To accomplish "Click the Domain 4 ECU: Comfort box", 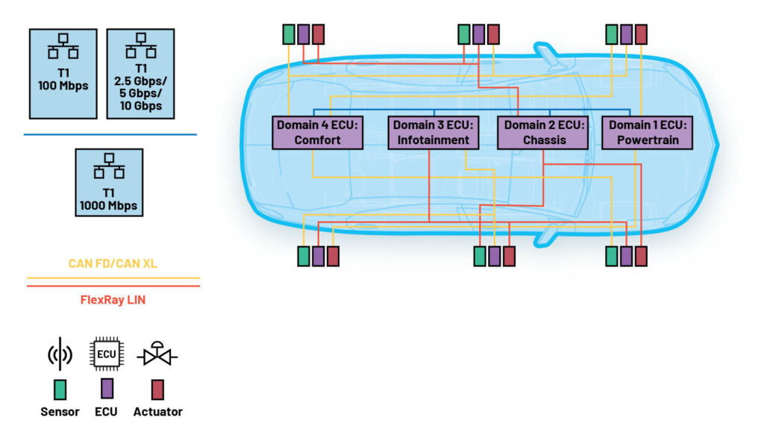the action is [x=317, y=133].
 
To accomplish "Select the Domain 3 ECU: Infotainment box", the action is [x=433, y=133].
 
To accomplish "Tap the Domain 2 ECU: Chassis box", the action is [x=543, y=133].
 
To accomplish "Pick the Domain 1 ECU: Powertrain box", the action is [x=647, y=133].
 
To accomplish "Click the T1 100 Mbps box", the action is [x=63, y=74].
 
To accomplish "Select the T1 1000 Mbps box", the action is [x=109, y=183].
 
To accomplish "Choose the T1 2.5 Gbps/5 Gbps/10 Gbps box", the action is [x=141, y=74].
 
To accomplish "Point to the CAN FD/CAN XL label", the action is [x=113, y=263].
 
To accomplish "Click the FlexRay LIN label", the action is [x=113, y=299].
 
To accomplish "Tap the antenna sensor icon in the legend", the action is [x=60, y=354].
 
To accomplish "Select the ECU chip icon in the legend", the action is [x=106, y=354].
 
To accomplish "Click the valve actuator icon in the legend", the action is [x=157, y=354].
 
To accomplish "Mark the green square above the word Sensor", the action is [x=60, y=390].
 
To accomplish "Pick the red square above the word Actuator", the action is [x=157, y=389].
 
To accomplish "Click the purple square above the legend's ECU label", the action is [x=107, y=389].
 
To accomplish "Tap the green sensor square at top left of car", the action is [x=289, y=34].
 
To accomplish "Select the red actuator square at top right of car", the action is [x=641, y=34].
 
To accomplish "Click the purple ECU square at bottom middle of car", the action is [x=495, y=256].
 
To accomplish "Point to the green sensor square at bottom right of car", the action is [x=612, y=256].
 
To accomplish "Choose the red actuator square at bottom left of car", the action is [x=333, y=256].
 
